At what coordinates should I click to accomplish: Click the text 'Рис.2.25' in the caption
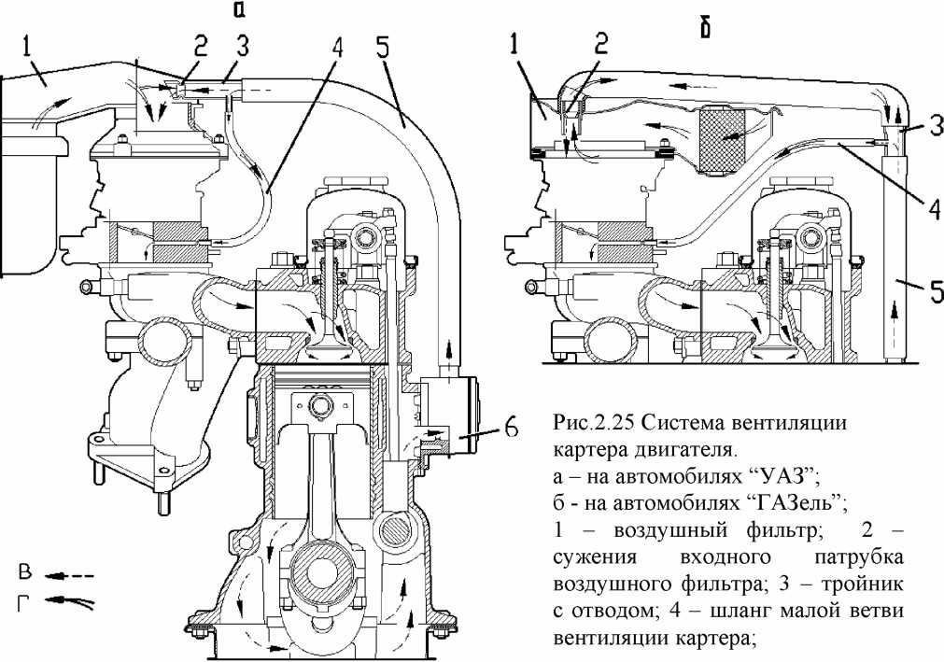point(581,422)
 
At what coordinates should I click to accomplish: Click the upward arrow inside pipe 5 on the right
point(896,312)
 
